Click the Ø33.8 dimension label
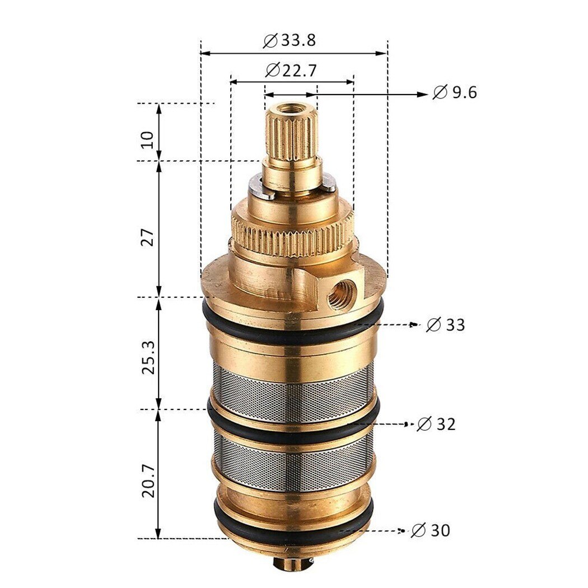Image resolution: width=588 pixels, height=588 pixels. (x=289, y=41)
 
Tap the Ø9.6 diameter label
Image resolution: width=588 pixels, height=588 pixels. (x=455, y=92)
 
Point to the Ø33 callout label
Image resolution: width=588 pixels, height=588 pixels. (x=446, y=324)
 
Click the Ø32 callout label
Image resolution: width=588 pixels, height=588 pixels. (x=436, y=424)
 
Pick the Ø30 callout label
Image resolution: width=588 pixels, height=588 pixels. (x=431, y=530)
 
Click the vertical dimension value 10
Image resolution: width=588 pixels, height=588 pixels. (x=147, y=139)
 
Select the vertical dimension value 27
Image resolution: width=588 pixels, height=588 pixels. (x=147, y=237)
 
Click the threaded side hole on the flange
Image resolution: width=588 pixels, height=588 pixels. (x=338, y=294)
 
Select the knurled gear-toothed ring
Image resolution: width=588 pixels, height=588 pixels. (x=291, y=235)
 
